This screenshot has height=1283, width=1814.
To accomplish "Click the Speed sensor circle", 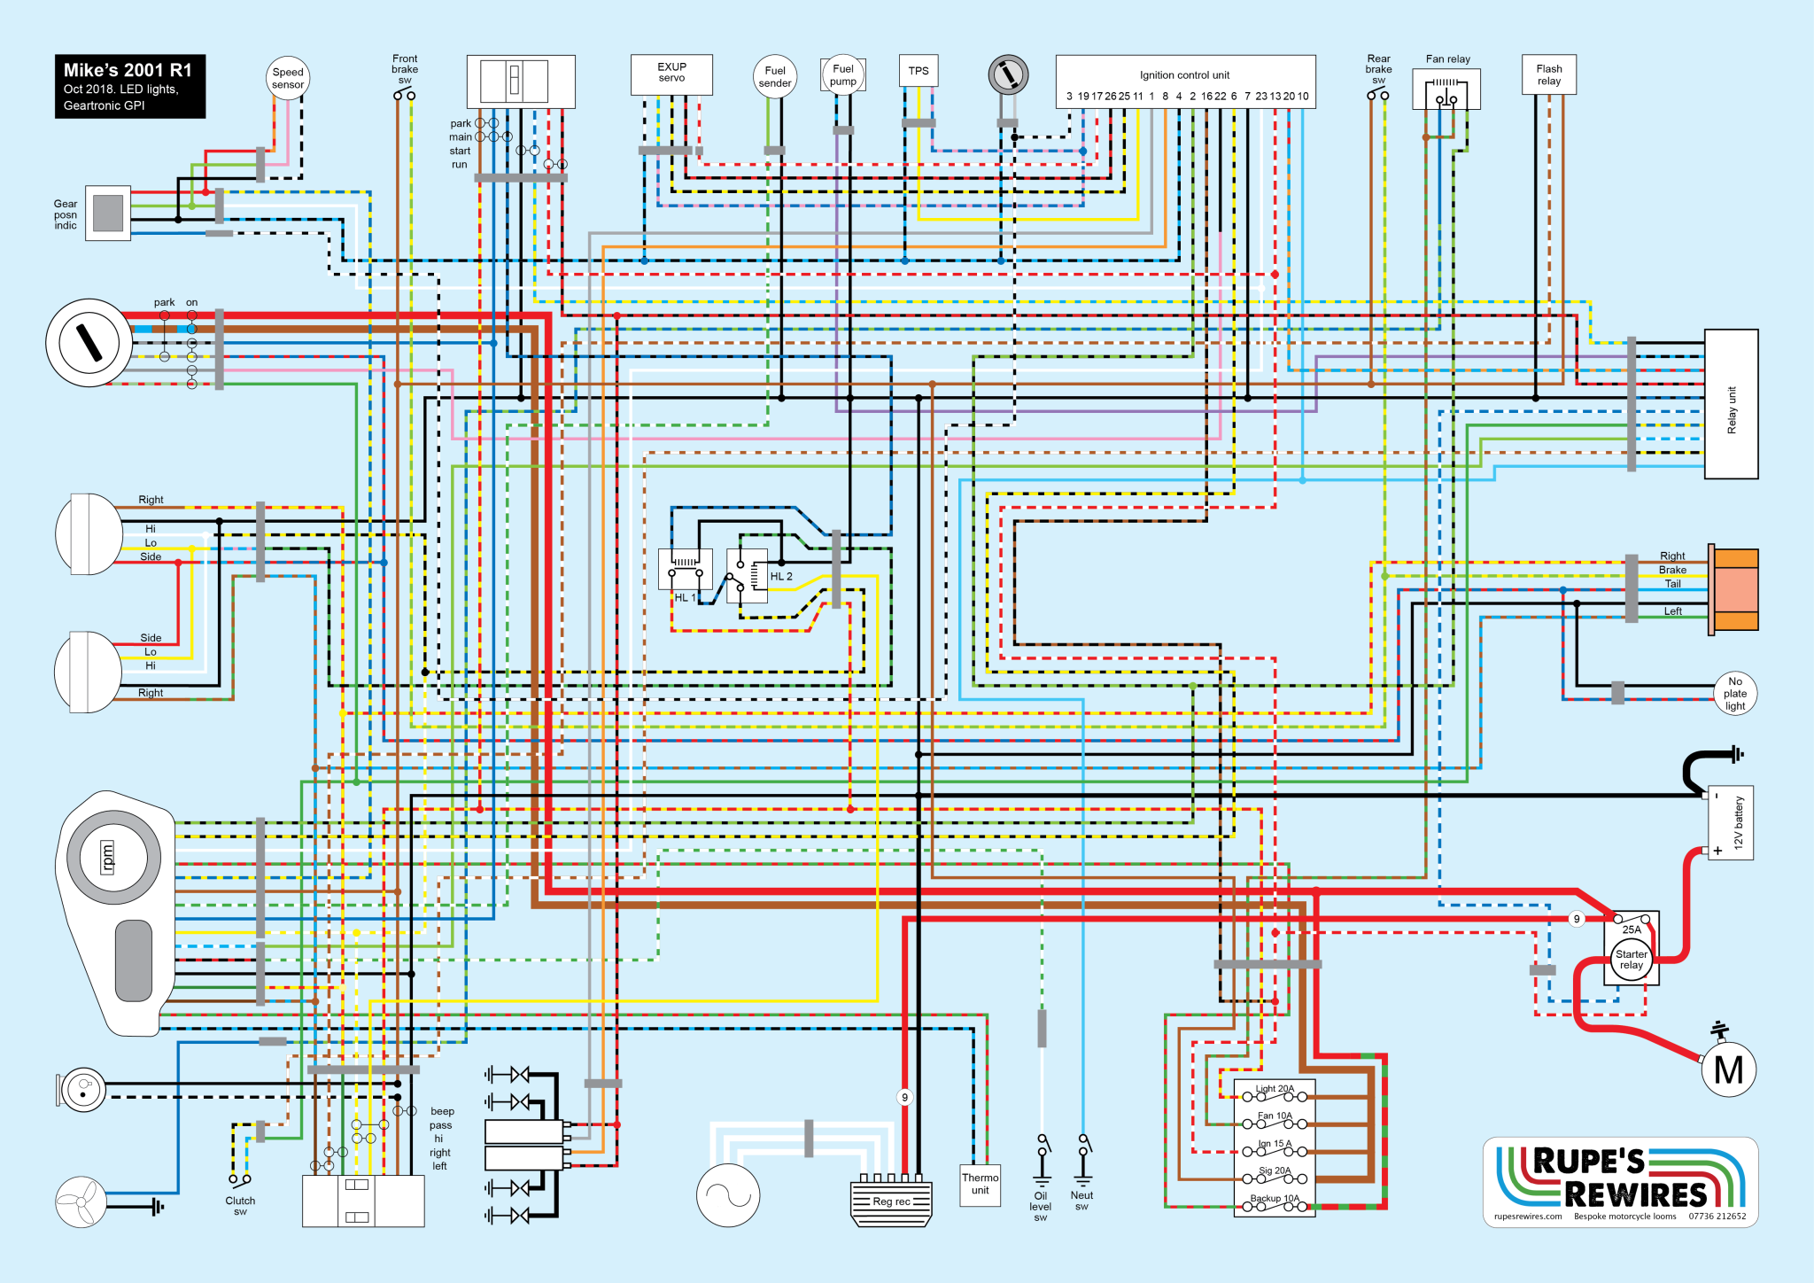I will click(288, 79).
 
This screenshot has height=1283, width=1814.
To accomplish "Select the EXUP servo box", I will click(671, 74).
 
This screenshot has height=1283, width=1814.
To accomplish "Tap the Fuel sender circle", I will click(775, 77).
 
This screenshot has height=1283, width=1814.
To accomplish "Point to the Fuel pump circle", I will click(843, 74).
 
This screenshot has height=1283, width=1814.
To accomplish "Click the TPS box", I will click(919, 71).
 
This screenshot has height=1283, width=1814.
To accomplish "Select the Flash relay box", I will click(1549, 74).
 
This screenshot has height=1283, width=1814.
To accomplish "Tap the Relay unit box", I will click(1731, 404).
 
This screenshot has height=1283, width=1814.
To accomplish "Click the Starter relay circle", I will click(1632, 960).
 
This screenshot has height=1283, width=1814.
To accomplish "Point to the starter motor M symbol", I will click(1728, 1070).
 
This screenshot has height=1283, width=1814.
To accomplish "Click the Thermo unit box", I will click(980, 1185).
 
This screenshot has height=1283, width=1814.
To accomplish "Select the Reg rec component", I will click(891, 1201).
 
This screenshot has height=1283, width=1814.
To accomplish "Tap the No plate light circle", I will click(1735, 694).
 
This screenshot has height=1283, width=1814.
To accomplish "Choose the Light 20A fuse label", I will click(1275, 1089).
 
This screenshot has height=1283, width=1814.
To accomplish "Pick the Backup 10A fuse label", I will click(1275, 1199).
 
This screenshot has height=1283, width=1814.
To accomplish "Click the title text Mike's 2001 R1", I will click(128, 70).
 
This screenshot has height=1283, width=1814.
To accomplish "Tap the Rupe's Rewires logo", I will click(1620, 1181).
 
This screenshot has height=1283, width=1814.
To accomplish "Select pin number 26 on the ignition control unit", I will click(1110, 97).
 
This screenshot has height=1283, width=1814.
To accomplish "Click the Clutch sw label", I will click(240, 1206).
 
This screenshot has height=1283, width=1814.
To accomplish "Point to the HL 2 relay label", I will click(781, 577).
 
